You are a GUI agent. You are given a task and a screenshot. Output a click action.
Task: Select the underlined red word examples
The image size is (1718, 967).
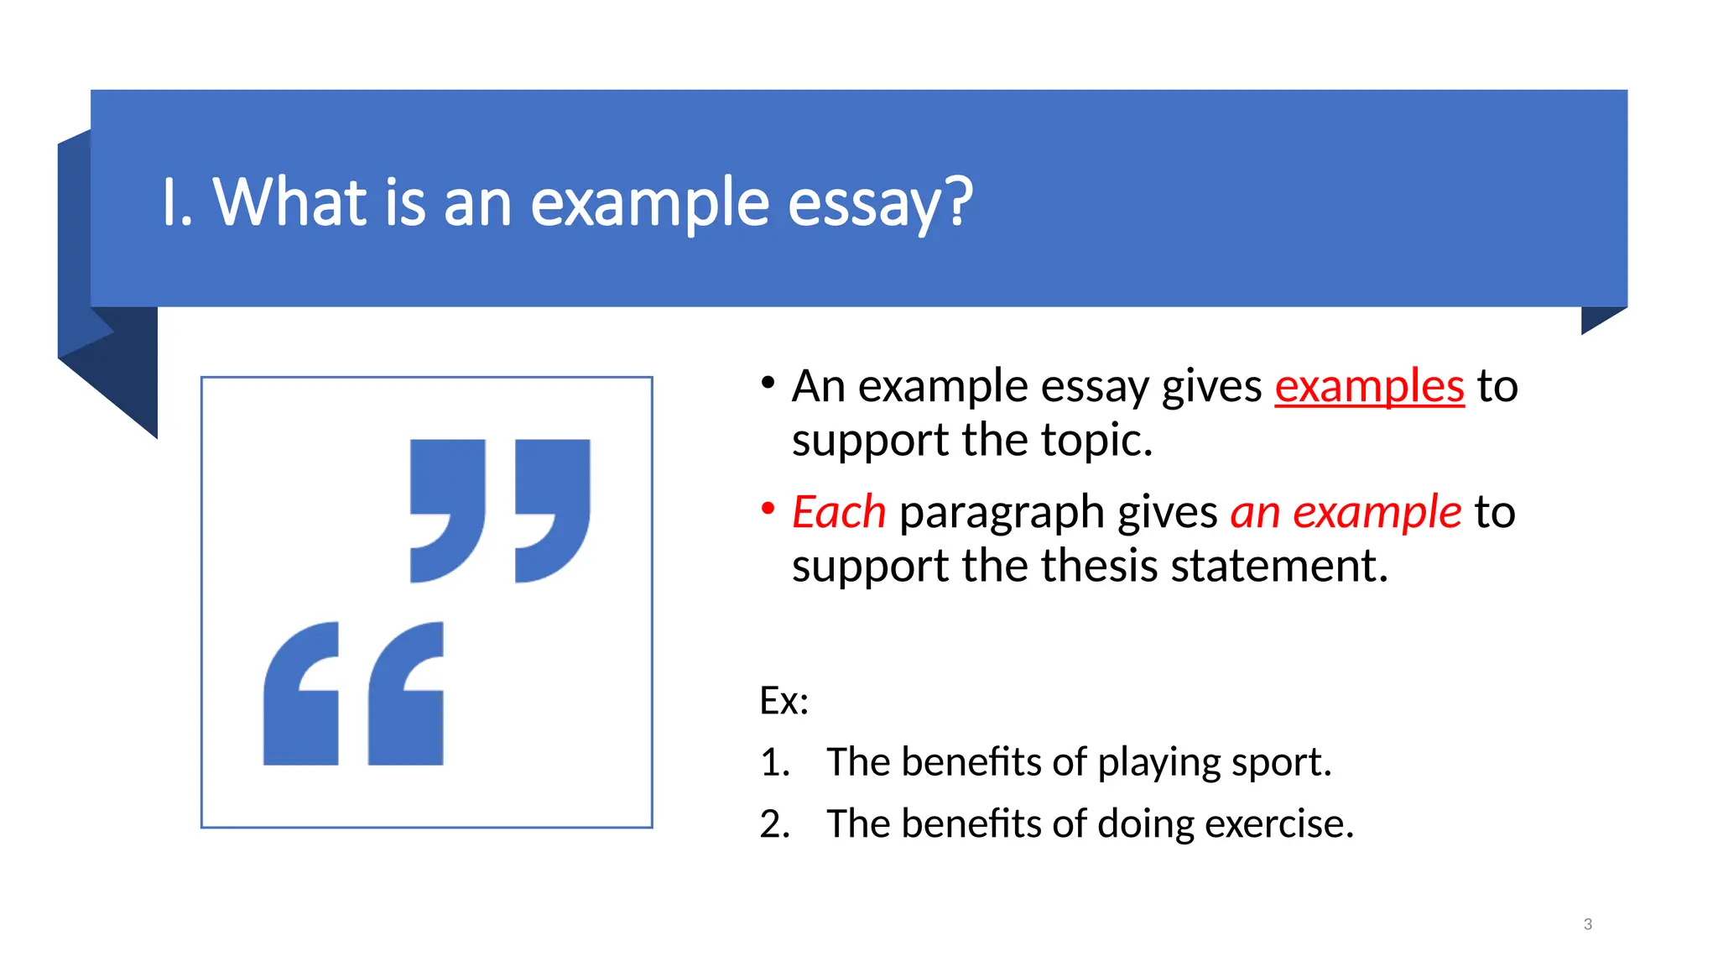click(1369, 386)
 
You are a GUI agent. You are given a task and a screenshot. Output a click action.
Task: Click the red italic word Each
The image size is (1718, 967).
click(839, 512)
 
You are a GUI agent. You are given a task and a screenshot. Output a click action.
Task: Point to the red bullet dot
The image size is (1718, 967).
click(768, 508)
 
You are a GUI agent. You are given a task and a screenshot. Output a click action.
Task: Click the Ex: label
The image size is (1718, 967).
click(784, 700)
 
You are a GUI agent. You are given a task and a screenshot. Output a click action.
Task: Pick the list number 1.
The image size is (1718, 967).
click(774, 762)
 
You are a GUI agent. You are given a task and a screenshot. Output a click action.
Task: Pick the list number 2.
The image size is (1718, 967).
click(774, 823)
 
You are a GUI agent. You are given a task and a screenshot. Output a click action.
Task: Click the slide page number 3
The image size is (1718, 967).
click(1587, 924)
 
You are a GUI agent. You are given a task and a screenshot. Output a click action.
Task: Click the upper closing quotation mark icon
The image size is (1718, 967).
click(500, 510)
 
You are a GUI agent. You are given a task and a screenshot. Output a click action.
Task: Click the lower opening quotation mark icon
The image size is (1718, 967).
click(353, 693)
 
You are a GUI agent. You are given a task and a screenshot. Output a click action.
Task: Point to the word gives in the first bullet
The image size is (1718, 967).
click(1211, 386)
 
